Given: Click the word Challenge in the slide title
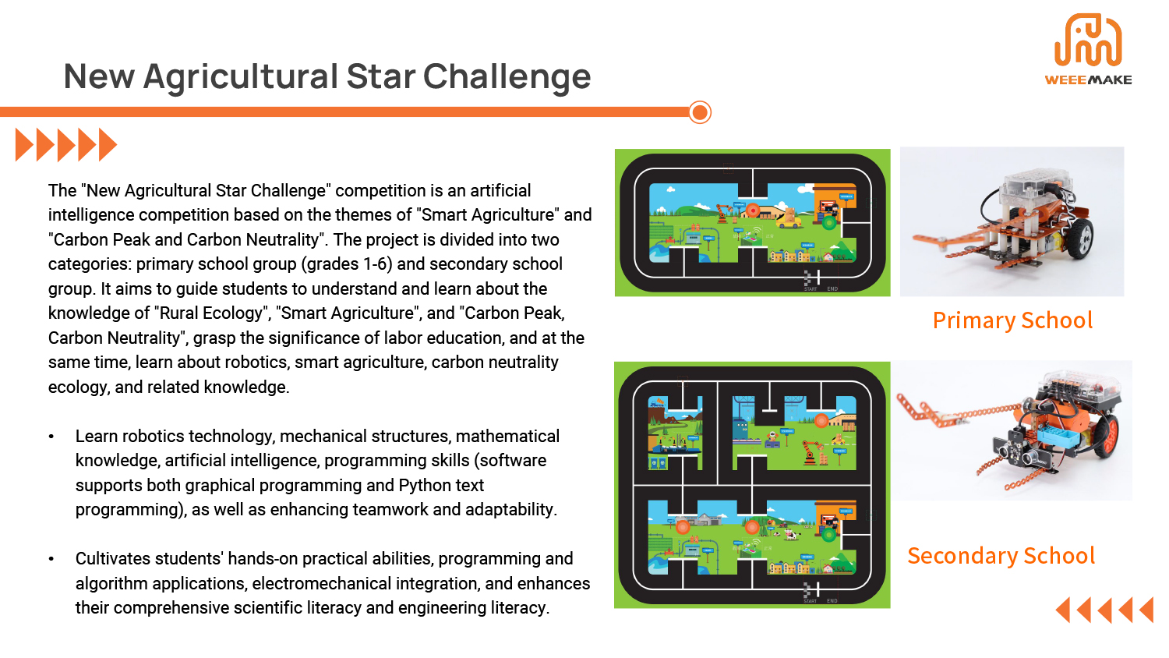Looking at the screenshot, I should [x=507, y=77].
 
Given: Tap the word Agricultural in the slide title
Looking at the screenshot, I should [x=241, y=77].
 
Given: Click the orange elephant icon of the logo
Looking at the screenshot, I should [x=1088, y=41].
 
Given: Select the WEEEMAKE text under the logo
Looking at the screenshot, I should [x=1088, y=80].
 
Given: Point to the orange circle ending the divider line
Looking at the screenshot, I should [x=700, y=112].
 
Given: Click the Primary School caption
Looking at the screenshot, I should [x=1012, y=320].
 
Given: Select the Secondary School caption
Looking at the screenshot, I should [x=1001, y=556].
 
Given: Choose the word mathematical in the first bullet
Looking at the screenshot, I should [x=507, y=437].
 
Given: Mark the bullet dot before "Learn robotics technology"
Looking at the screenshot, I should [x=51, y=437].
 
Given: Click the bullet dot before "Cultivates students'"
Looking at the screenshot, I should [x=51, y=559].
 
